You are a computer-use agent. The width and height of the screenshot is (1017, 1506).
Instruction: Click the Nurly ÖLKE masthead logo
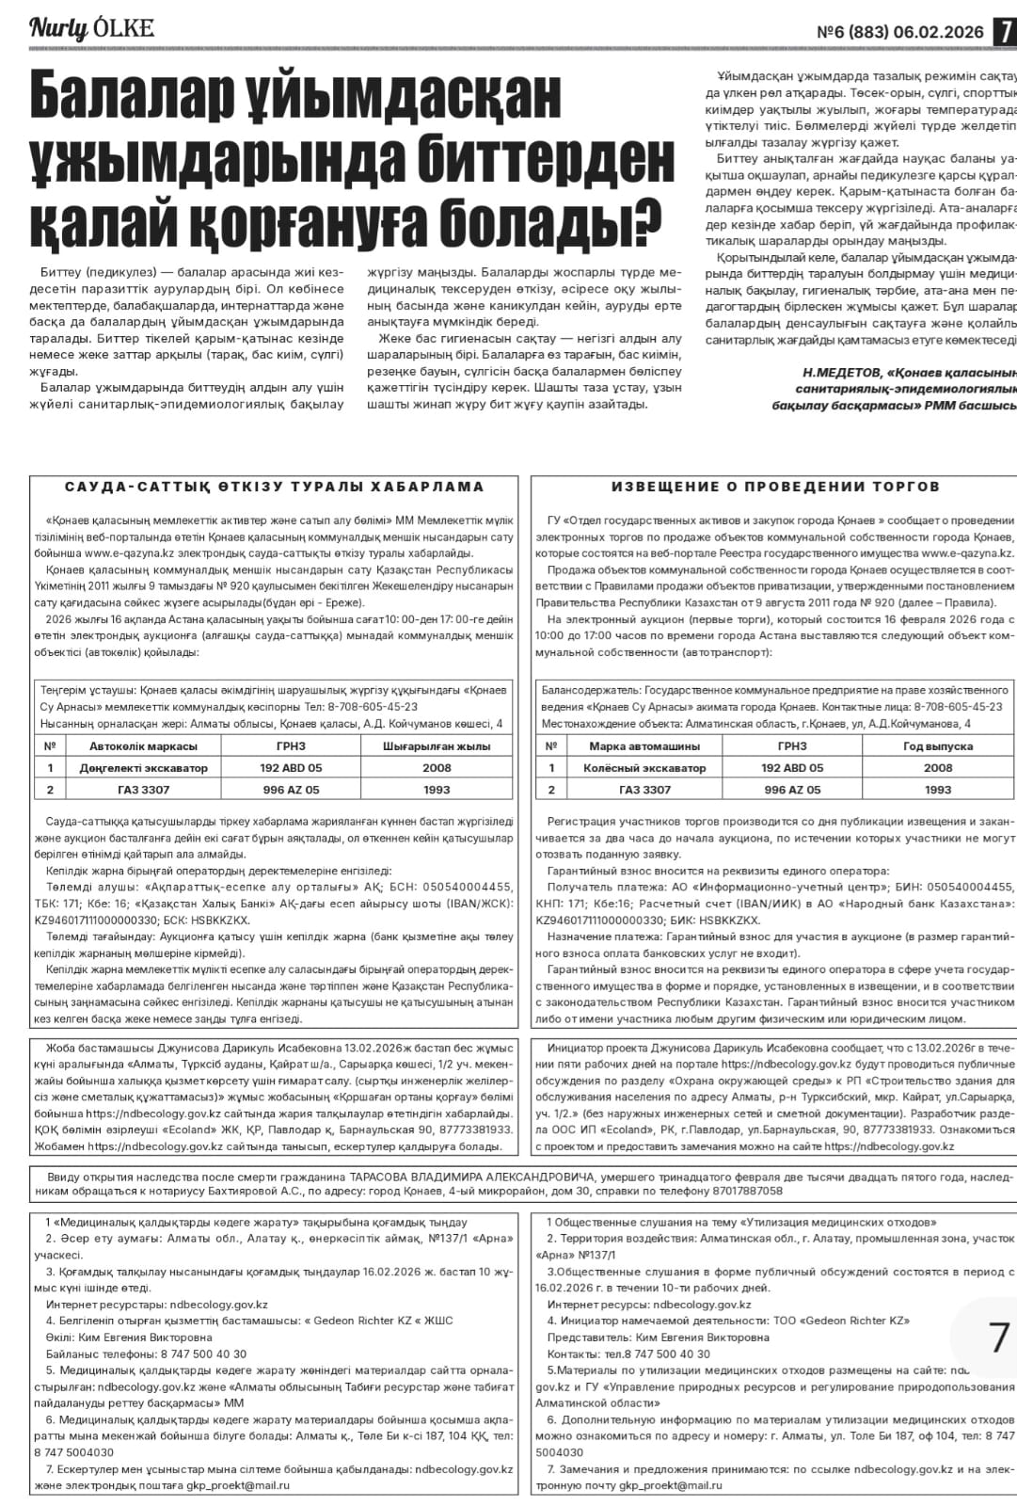[91, 27]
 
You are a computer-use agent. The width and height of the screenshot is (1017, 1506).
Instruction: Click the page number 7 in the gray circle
[998, 1338]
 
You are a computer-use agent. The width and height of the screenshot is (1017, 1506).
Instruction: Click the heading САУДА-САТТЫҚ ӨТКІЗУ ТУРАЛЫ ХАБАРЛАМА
[275, 487]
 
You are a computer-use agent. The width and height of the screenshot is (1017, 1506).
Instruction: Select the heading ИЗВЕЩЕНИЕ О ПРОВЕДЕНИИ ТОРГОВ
[775, 487]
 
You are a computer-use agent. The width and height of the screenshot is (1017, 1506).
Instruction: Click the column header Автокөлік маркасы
[136, 746]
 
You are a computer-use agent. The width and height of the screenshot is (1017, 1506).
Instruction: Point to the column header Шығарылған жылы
[437, 746]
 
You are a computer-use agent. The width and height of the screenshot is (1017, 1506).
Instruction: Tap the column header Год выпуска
[937, 746]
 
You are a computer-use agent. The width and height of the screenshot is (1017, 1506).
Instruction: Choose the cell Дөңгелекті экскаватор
[144, 768]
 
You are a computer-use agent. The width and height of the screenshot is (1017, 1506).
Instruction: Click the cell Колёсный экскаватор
[644, 768]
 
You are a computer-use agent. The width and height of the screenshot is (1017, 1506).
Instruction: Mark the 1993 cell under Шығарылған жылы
[437, 790]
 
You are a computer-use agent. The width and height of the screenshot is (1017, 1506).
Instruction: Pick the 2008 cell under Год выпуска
[937, 768]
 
